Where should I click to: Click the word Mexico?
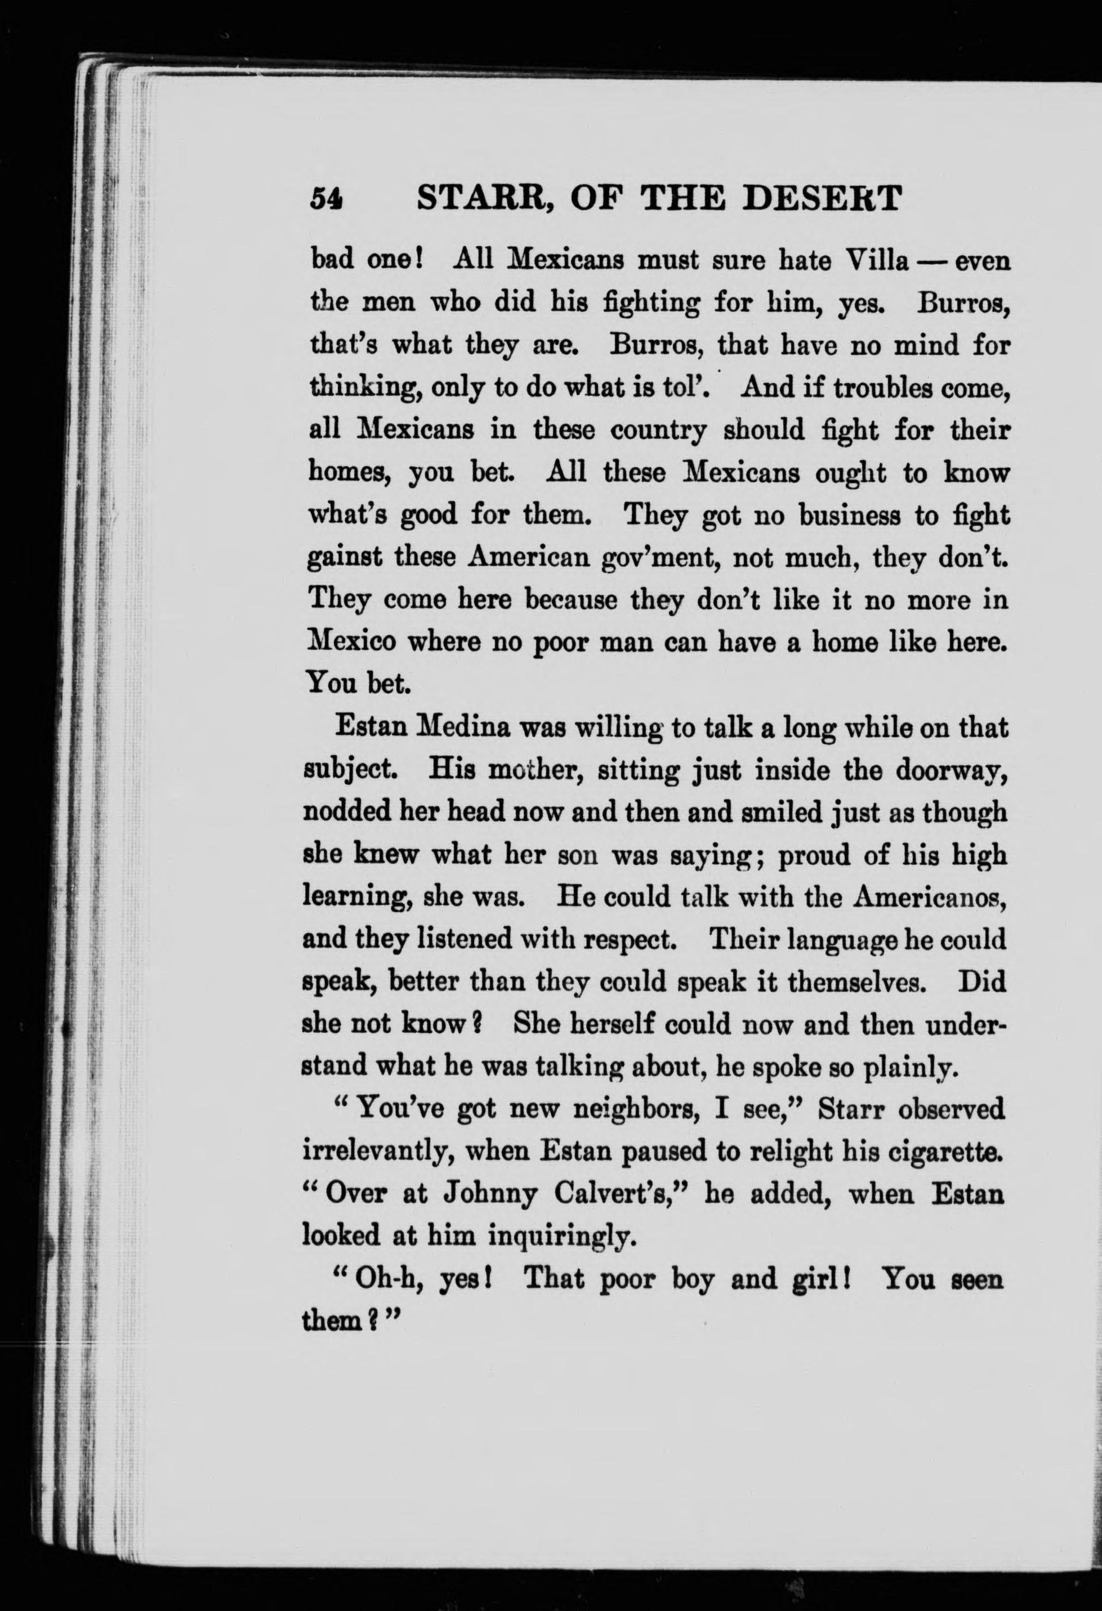[351, 641]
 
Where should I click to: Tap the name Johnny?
[490, 1194]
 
